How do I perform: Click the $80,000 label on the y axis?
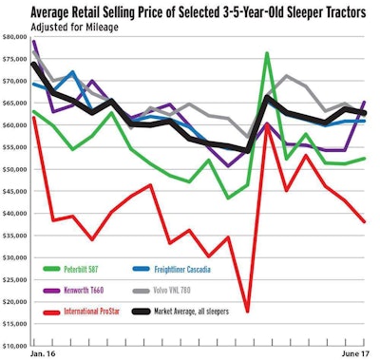tap(15, 38)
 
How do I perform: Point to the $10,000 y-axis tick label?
tap(15, 346)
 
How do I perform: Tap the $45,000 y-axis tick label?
tap(15, 192)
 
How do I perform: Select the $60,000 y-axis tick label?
tap(15, 125)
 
